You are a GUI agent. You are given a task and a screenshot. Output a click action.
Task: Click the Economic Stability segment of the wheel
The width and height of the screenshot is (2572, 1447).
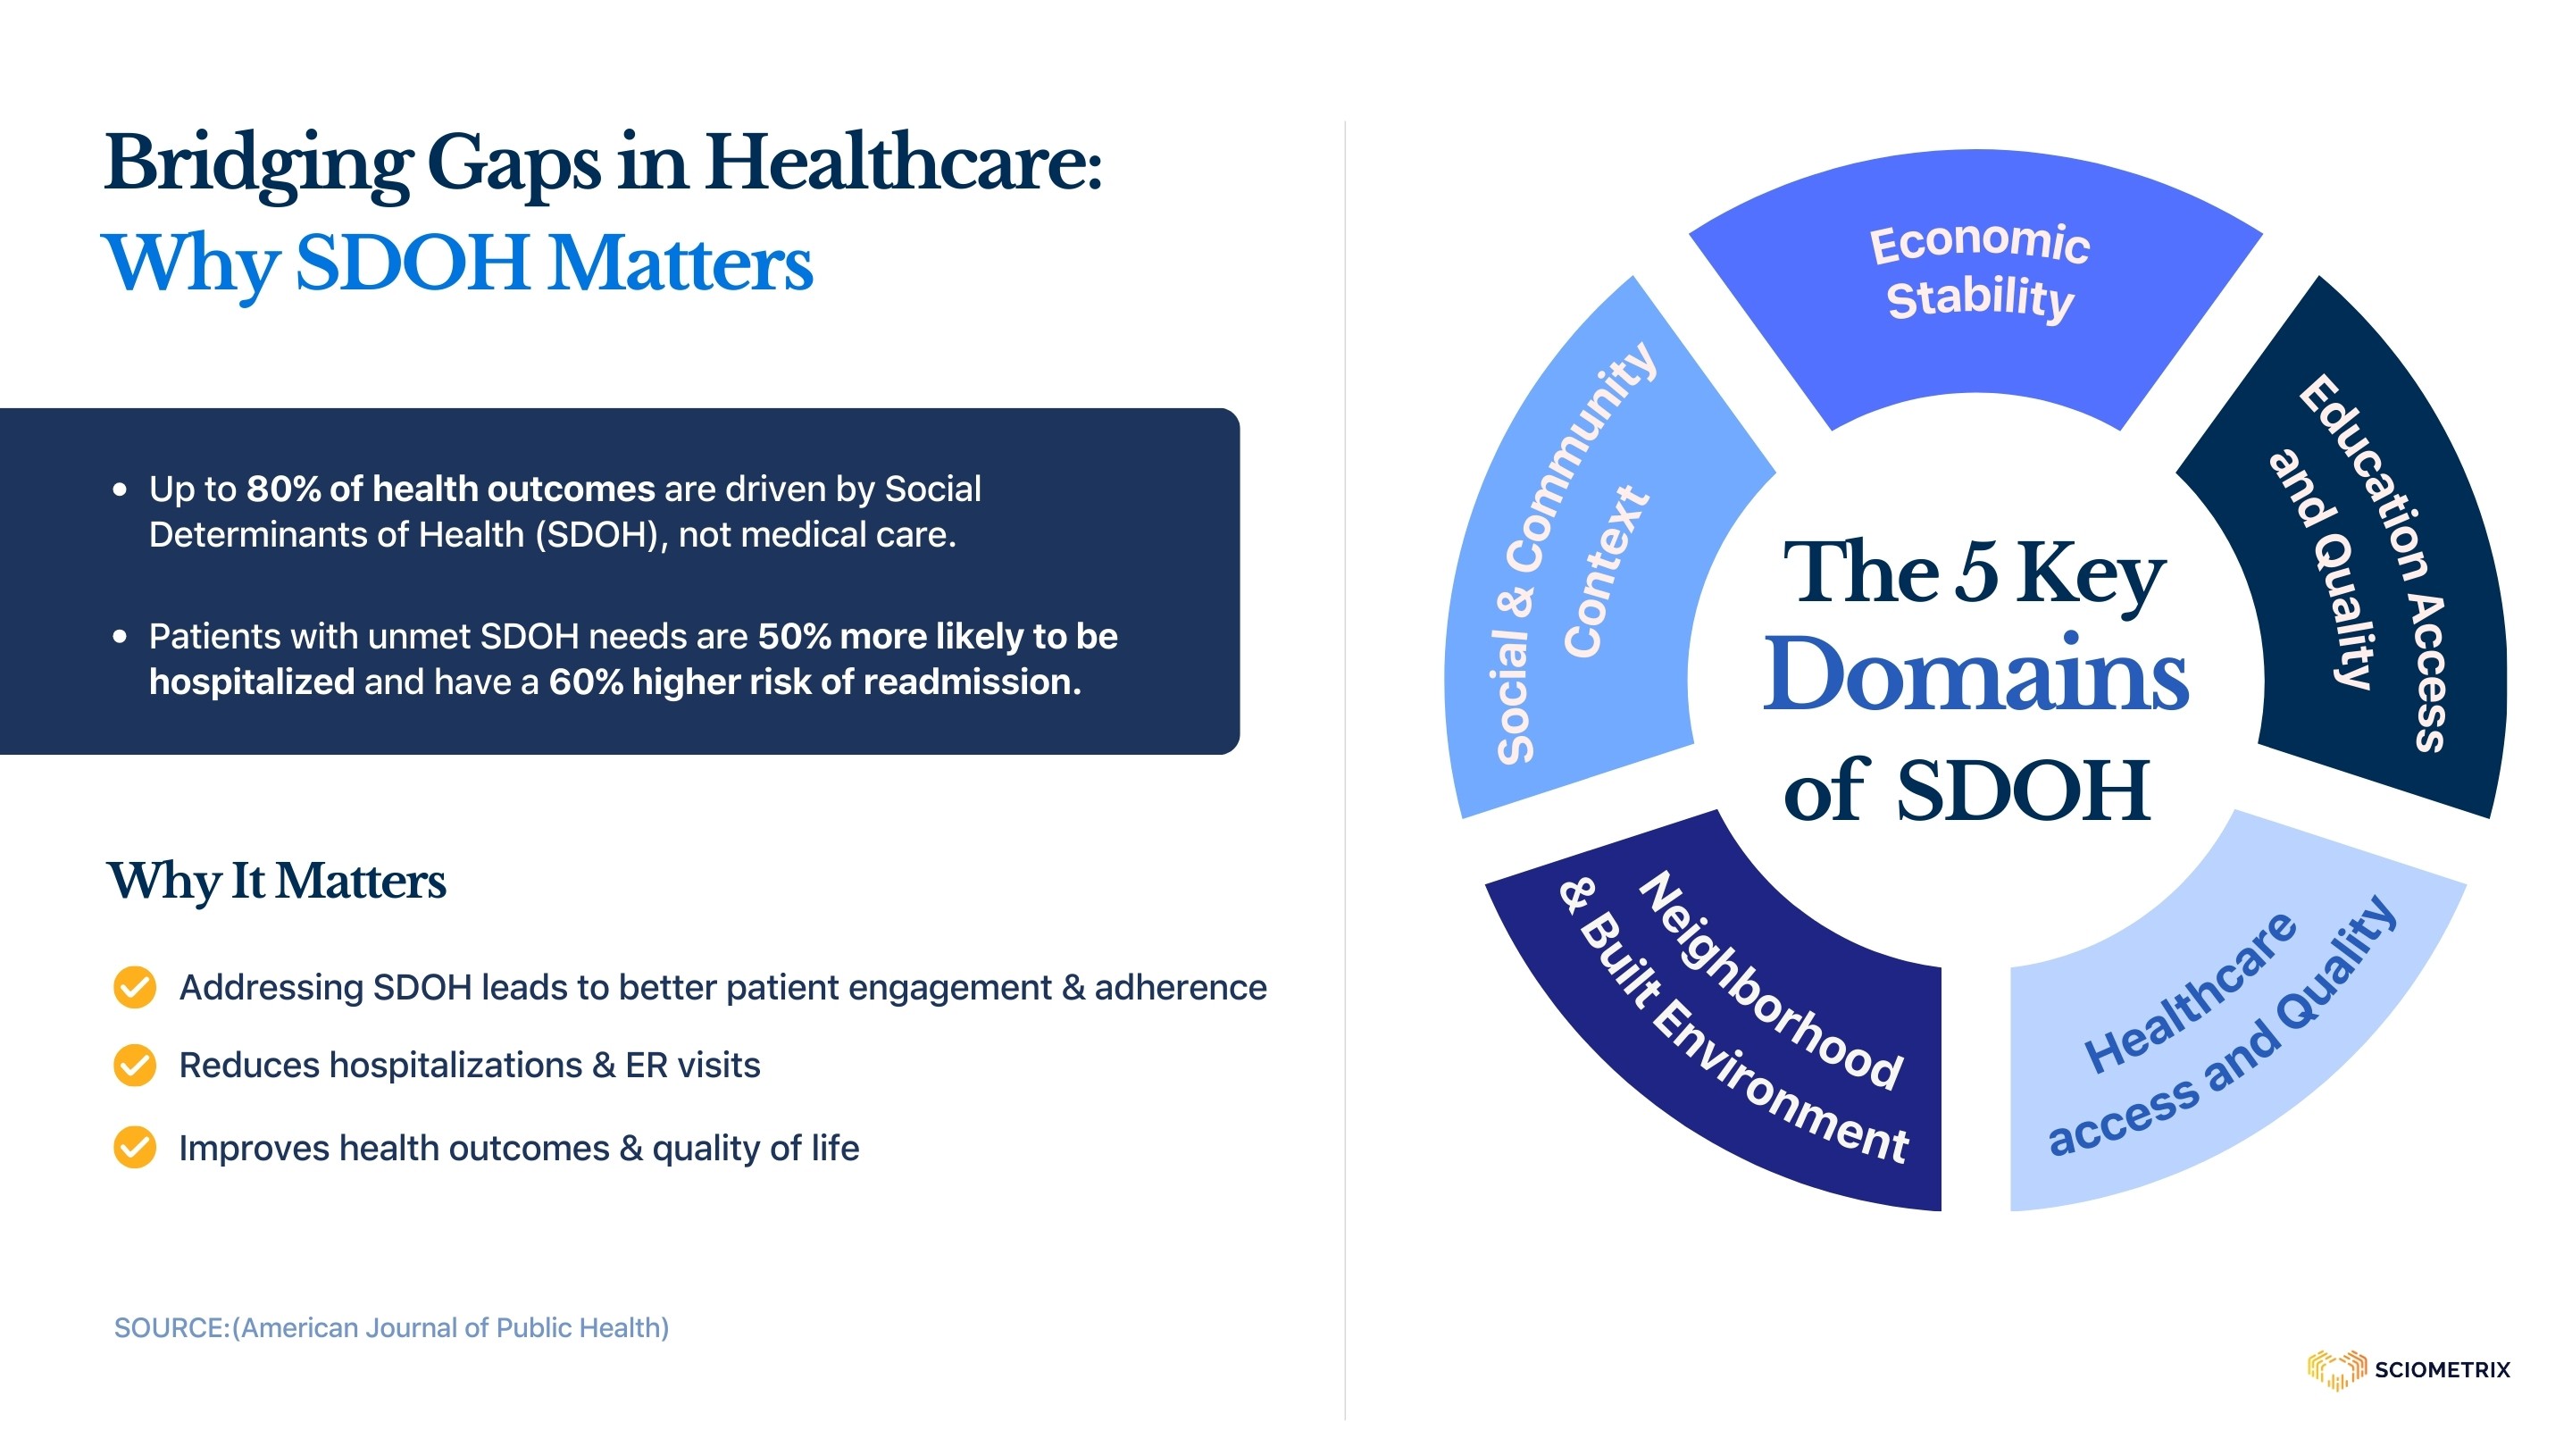click(1977, 280)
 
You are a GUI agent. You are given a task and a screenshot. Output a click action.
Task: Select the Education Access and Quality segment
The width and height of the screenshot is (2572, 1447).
click(2367, 559)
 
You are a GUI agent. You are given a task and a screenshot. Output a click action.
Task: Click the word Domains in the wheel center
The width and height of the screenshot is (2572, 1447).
click(1975, 675)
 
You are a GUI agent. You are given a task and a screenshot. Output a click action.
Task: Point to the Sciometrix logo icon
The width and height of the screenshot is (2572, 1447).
click(2335, 1369)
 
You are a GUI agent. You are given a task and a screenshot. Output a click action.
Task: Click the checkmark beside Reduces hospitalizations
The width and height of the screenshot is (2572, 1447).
click(135, 1066)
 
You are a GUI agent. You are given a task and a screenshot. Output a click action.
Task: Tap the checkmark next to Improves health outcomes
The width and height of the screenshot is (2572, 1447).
click(135, 1148)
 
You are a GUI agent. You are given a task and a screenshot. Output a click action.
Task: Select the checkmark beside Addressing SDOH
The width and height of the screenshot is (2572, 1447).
click(135, 988)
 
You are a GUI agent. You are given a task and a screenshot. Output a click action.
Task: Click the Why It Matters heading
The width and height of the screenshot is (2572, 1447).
click(277, 882)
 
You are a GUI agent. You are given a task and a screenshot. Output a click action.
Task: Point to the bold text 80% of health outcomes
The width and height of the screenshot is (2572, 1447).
click(450, 489)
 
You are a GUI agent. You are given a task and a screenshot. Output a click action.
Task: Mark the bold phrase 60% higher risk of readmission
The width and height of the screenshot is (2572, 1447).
click(814, 682)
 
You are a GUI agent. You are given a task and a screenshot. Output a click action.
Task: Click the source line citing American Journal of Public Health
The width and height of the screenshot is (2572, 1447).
click(391, 1328)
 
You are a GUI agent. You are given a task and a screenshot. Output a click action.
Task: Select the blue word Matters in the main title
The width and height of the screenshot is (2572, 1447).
click(681, 263)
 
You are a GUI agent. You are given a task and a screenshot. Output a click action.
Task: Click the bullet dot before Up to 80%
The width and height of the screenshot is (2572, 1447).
click(120, 489)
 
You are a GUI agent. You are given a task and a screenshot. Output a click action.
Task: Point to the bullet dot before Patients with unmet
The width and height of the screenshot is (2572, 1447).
click(120, 636)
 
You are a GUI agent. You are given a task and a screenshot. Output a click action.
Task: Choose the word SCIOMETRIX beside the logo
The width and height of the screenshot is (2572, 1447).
click(2443, 1370)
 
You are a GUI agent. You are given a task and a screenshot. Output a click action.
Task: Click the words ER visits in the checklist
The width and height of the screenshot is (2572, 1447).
click(693, 1066)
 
